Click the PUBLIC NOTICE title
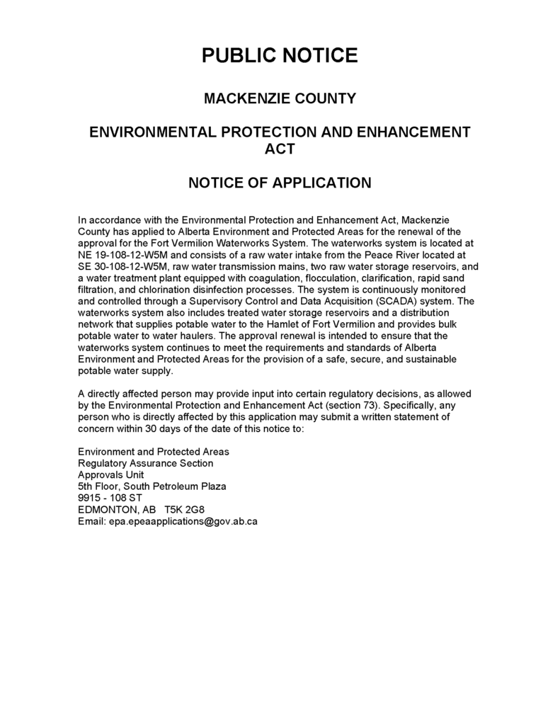(280, 55)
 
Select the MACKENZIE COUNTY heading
(280, 98)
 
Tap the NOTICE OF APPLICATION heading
(280, 183)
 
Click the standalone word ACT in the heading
(280, 149)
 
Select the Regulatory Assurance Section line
(145, 464)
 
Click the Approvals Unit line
(110, 475)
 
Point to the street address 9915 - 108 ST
(110, 498)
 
